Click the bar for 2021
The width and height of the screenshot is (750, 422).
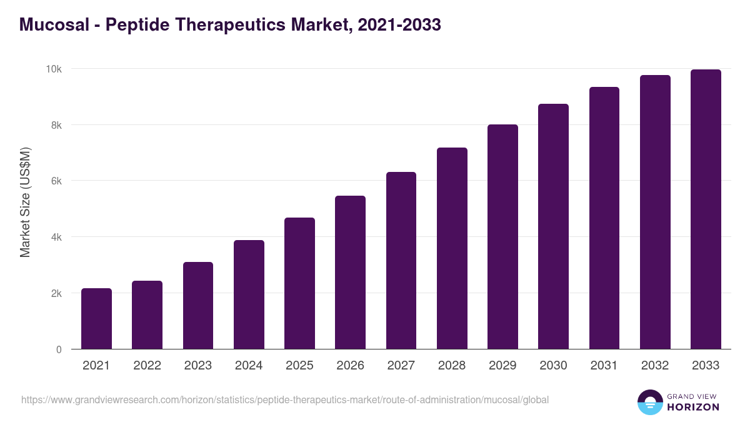(96, 319)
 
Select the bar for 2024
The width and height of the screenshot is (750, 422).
(249, 294)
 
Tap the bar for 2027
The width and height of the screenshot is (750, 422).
(401, 261)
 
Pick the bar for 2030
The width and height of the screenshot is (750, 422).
(553, 226)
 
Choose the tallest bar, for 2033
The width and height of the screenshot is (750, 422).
(706, 209)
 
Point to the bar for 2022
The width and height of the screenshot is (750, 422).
(147, 315)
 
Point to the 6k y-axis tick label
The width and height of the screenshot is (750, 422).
(56, 181)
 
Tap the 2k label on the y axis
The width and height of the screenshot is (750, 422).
(56, 293)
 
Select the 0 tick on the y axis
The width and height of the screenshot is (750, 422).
(59, 349)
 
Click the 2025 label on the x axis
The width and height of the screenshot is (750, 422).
(299, 366)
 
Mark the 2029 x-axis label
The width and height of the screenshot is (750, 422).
(502, 366)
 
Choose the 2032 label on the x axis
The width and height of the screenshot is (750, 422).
(655, 366)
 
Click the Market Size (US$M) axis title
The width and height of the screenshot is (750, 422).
(25, 203)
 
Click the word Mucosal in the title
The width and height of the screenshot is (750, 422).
(53, 25)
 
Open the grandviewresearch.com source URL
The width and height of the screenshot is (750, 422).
(285, 399)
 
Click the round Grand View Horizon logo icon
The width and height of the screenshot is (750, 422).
(649, 402)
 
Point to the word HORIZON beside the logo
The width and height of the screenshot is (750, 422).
(692, 407)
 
